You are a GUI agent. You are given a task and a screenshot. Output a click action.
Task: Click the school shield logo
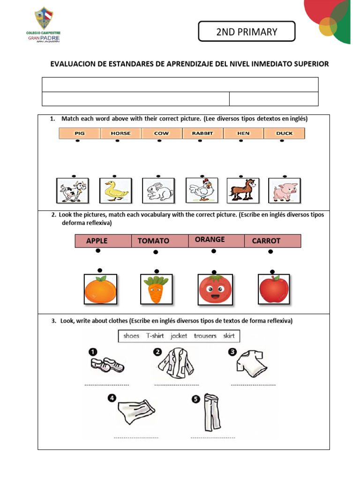click(44, 18)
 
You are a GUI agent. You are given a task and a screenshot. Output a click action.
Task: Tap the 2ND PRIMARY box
click(247, 31)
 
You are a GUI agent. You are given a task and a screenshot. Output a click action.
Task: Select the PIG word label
click(80, 134)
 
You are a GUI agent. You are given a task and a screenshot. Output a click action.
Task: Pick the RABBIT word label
click(202, 134)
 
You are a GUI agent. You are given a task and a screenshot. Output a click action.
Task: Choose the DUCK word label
click(285, 134)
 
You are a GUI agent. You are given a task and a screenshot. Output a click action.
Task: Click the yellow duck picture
click(116, 191)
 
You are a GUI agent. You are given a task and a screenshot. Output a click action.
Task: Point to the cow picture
click(73, 191)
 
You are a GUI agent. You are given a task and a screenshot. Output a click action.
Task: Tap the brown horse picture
click(243, 191)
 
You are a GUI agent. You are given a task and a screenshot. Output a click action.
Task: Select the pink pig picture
click(285, 191)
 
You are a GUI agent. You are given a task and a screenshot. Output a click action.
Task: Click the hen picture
click(202, 190)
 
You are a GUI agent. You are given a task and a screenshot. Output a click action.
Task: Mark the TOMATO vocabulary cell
click(160, 241)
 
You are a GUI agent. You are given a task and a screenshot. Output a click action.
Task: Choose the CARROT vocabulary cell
click(273, 241)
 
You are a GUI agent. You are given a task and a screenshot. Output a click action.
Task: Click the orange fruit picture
click(100, 289)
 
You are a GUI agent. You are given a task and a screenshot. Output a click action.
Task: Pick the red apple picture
click(274, 289)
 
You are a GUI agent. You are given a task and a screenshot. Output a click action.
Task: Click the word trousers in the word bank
click(205, 336)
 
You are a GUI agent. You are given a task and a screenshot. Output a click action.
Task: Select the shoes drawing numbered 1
click(107, 364)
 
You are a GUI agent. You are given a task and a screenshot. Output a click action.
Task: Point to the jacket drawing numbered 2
click(176, 363)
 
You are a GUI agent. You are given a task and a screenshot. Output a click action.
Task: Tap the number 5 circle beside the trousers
click(196, 399)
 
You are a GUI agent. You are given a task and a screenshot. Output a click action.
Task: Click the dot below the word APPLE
click(98, 251)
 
